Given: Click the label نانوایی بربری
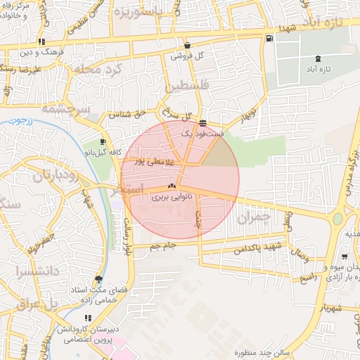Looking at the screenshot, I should click(x=171, y=198).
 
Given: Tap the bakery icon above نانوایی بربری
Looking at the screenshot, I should click(x=171, y=187).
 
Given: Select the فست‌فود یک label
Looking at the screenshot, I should click(x=202, y=132).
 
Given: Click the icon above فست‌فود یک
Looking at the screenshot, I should click(x=202, y=122).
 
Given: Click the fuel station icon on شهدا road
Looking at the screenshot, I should click(x=270, y=37).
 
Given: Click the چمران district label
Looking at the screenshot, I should click(x=253, y=219).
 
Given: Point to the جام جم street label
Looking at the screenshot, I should click(x=162, y=245).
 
